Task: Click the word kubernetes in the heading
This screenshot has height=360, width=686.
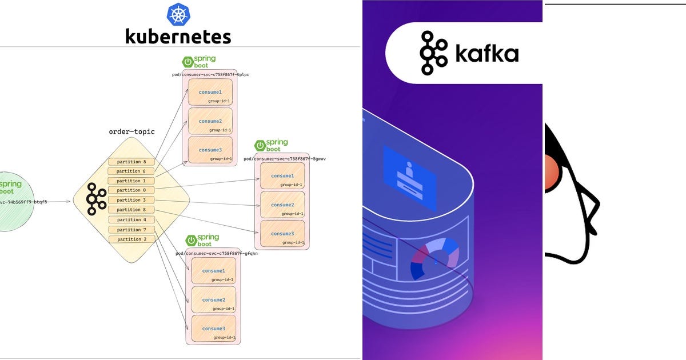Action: (x=178, y=37)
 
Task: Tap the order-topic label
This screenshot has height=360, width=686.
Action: (x=131, y=132)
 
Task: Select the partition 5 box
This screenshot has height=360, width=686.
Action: (x=131, y=162)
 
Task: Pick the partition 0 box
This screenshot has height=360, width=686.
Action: (x=131, y=190)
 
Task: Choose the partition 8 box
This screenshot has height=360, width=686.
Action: (x=131, y=210)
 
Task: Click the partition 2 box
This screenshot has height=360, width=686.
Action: (x=131, y=239)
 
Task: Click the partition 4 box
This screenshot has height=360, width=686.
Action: (x=131, y=219)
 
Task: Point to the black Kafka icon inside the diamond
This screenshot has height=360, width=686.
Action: (x=95, y=199)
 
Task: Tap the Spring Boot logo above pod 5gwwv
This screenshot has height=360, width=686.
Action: (x=271, y=146)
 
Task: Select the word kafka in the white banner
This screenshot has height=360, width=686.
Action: (x=486, y=54)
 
